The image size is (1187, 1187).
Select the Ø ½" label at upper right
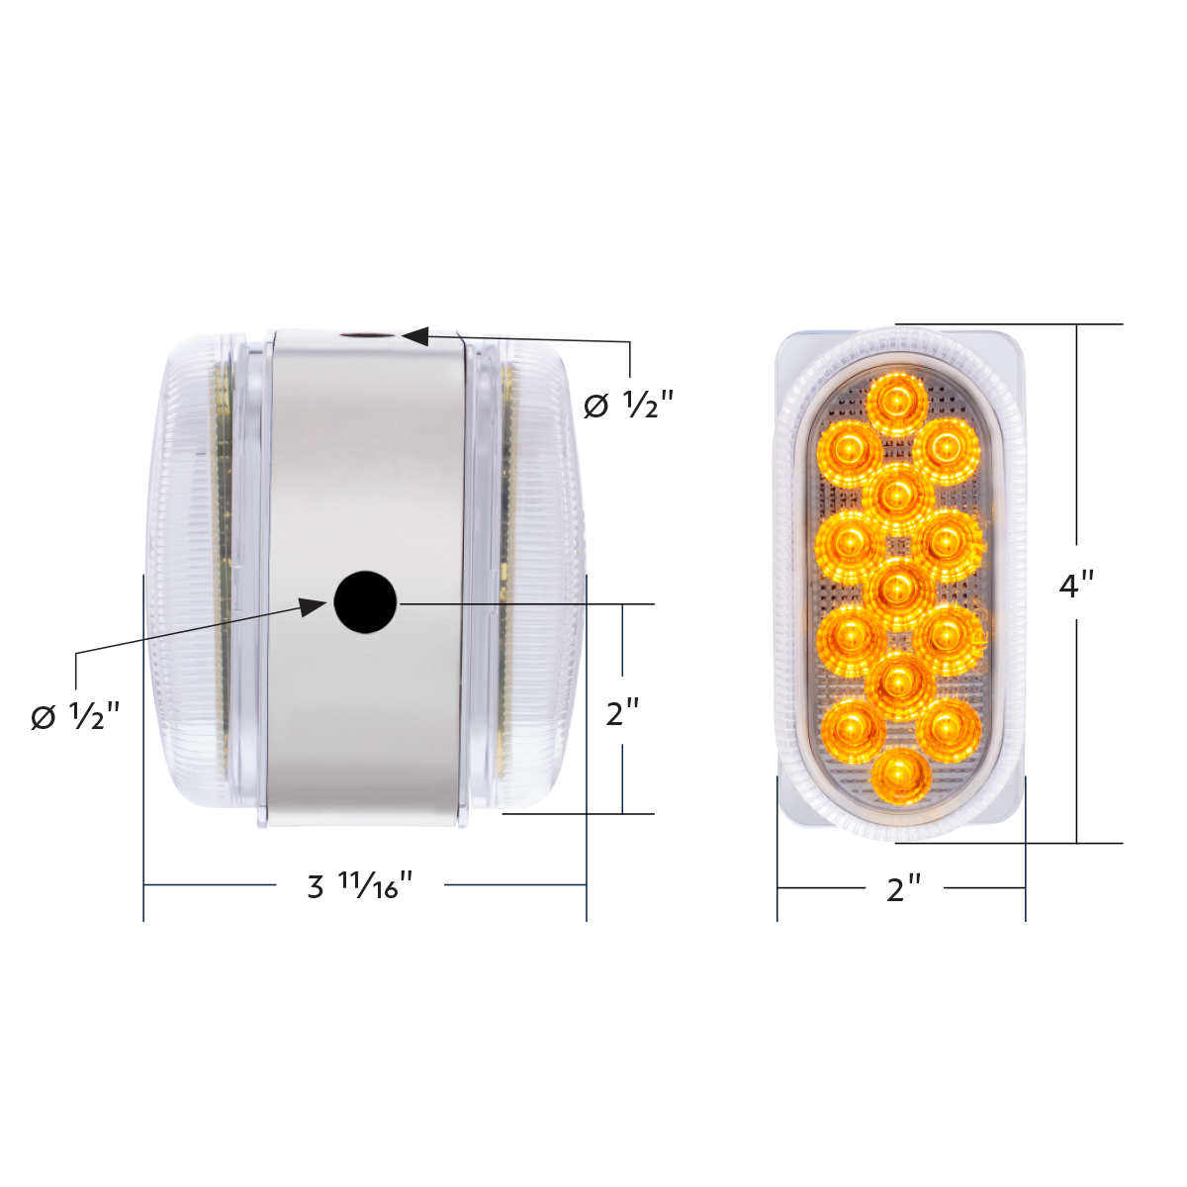click(x=628, y=404)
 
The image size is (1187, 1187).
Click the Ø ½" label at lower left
click(x=75, y=715)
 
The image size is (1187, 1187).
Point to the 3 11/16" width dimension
click(x=359, y=885)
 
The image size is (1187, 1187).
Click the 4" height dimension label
click(x=1076, y=585)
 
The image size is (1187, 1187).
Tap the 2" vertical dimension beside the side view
click(x=622, y=711)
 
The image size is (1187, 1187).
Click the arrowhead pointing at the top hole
click(x=414, y=336)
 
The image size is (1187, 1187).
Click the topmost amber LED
click(x=896, y=401)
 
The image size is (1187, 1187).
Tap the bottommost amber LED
click(x=901, y=776)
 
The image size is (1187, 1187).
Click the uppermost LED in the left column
click(x=847, y=450)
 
